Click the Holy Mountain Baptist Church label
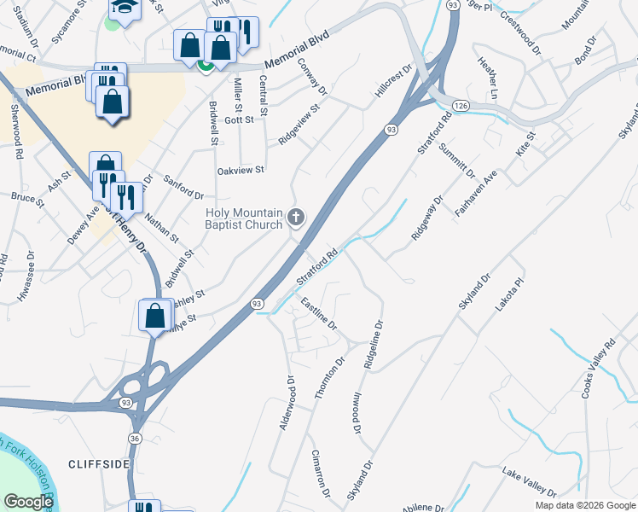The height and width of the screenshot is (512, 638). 243,218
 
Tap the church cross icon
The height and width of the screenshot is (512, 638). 296,217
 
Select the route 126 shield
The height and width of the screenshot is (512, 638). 461,104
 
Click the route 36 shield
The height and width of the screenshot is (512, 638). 135,438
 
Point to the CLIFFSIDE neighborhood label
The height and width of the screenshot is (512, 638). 99,463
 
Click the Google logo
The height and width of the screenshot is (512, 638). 28,501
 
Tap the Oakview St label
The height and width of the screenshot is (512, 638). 241,171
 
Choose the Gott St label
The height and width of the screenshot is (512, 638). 239,120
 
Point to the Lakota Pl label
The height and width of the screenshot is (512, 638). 512,293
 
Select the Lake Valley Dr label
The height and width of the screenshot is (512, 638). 529,481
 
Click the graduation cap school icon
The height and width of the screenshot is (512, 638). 125,9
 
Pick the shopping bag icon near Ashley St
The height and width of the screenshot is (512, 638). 154,315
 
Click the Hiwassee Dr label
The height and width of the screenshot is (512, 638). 26,276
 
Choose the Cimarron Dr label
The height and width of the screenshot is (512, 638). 320,473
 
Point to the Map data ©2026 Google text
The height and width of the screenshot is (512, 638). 585,505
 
